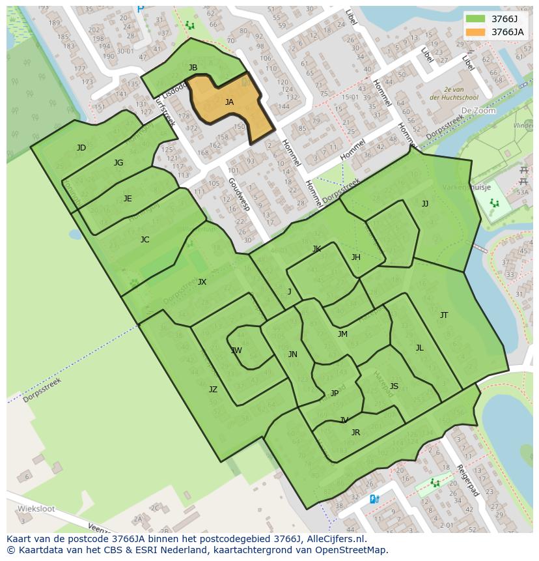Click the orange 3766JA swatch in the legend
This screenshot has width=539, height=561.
[x=475, y=31]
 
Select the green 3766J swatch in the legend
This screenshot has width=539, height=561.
[x=475, y=18]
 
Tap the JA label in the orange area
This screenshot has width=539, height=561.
[x=229, y=102]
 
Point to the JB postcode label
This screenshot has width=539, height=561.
[x=193, y=68]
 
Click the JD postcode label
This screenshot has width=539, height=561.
[x=81, y=148]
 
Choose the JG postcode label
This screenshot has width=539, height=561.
[x=118, y=163]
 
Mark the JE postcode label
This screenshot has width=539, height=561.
[x=128, y=199]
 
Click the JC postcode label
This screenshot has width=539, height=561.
[x=145, y=240]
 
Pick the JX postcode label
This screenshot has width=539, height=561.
[x=202, y=282]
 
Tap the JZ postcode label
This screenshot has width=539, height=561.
[x=213, y=390]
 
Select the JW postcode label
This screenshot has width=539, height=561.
[x=236, y=351]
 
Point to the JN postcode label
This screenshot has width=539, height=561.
[x=293, y=354]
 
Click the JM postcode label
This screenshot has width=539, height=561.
[x=342, y=334]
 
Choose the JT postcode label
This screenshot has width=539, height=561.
[x=444, y=315]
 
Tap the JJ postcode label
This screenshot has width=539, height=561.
[x=425, y=204]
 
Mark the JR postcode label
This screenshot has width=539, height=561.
[x=355, y=433]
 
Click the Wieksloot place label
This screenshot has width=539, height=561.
[x=34, y=508]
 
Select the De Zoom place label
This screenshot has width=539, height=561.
[x=478, y=111]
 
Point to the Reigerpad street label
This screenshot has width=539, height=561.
[x=467, y=480]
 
